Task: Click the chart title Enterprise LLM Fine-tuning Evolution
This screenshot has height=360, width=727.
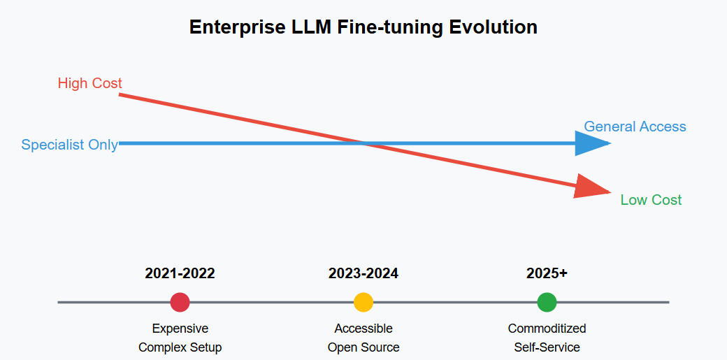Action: point(363,27)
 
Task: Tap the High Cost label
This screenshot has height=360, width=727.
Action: point(89,83)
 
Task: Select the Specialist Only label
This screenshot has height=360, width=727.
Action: point(69,145)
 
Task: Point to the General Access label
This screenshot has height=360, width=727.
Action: point(635,127)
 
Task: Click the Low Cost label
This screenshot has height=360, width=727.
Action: point(651,200)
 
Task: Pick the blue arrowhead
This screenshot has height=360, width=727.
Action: point(593,143)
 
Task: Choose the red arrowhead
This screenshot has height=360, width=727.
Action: point(592,187)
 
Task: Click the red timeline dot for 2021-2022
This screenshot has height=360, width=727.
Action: point(180,302)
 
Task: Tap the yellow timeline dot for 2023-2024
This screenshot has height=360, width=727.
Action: point(363,302)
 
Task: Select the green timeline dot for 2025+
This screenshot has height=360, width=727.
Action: point(547,302)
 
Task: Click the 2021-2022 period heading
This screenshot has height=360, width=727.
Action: point(180,273)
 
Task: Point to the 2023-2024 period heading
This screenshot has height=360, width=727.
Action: point(363,273)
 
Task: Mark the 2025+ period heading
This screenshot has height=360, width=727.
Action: point(547,273)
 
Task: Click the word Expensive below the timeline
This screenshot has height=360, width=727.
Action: point(180,329)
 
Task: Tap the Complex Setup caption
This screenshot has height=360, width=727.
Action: point(180,347)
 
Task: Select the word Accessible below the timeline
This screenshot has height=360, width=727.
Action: point(363,329)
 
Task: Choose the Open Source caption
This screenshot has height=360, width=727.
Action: point(363,347)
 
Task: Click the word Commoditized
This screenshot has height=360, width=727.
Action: point(547,329)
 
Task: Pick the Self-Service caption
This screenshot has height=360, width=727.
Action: point(547,347)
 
